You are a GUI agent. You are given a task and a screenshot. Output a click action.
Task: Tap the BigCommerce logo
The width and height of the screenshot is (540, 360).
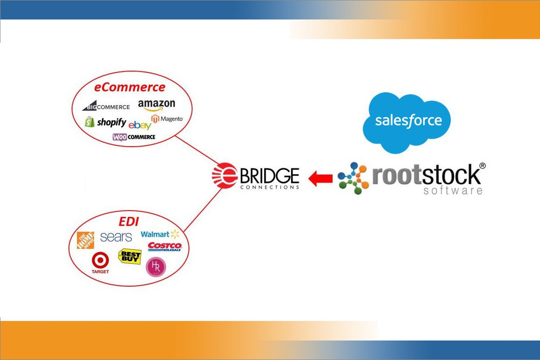point(106,107)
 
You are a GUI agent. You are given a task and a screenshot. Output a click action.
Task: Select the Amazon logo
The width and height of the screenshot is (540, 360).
point(157,105)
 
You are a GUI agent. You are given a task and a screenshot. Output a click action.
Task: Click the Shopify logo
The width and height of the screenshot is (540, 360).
point(106,122)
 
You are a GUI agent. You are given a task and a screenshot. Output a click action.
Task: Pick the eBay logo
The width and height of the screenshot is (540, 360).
point(139,125)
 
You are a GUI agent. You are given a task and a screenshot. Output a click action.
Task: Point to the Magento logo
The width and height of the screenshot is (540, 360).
point(167,119)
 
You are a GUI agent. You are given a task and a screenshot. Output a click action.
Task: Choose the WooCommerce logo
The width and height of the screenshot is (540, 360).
point(134,137)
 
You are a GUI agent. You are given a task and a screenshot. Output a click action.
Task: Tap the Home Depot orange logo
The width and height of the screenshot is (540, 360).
point(85,240)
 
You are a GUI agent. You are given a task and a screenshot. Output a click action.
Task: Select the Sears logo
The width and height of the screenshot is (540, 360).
point(116,237)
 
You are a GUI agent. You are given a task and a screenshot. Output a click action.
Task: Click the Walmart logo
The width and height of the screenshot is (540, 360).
point(160,234)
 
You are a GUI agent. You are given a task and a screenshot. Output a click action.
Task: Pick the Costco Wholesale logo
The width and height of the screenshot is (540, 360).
point(164,247)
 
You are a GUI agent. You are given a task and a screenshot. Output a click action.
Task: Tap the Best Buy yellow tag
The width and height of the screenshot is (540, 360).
point(130,256)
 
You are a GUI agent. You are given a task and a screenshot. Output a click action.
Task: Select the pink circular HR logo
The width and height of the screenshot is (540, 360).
point(156,267)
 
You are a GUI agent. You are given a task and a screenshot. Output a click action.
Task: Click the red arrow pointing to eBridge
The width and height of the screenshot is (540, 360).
point(320,178)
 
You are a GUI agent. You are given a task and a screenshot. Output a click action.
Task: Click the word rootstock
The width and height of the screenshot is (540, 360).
point(426,175)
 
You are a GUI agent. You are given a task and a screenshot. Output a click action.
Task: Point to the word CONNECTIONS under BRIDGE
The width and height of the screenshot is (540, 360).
point(270,187)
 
